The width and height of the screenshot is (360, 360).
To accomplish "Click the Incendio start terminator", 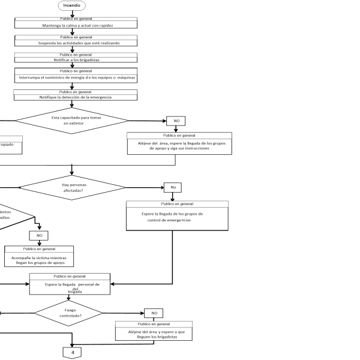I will coord(71,5).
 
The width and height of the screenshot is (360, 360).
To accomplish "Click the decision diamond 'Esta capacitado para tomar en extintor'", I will coord(71,120).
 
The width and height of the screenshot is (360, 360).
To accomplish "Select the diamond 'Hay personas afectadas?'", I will coord(71,188).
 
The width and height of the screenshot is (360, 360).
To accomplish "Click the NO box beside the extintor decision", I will coord(176,121).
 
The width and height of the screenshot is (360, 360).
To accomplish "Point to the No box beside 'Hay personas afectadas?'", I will coord(173,188).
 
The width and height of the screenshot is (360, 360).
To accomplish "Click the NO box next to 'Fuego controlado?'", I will coord(154,313).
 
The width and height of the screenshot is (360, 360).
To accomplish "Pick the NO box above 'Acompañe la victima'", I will coord(39,236).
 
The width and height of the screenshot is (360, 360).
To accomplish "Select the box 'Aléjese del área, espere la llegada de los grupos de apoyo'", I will coord(179,143).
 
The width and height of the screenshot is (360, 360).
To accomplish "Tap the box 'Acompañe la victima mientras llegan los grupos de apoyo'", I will coord(39,256).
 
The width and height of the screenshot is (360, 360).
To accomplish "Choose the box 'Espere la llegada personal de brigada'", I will coord(70,284).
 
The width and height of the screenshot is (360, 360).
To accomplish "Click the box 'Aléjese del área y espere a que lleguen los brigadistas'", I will coord(154,331).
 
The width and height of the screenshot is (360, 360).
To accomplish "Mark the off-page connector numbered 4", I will coord(72,352).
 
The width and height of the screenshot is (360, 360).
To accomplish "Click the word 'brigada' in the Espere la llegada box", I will coord(74,292).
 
